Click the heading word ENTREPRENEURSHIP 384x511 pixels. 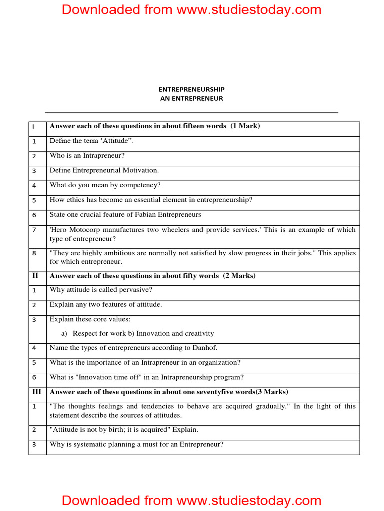(192, 89)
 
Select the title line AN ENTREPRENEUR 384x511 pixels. (192, 99)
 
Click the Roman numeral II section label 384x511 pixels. (35, 276)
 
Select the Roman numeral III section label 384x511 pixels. (37, 392)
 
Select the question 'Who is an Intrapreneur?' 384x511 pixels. (87, 156)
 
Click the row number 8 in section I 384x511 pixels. (34, 253)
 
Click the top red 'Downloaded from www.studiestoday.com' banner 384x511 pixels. (192, 10)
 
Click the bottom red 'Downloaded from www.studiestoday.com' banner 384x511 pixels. (192, 500)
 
